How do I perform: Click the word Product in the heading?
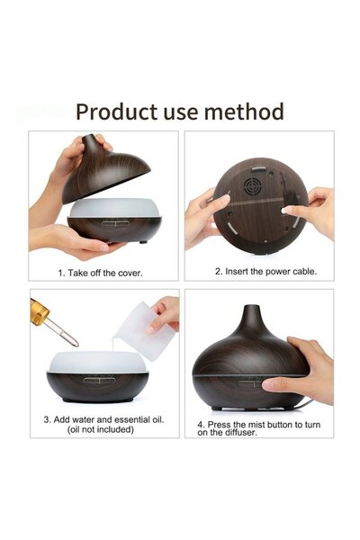pyautogui.click(x=116, y=112)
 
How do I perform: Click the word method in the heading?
pyautogui.click(x=244, y=112)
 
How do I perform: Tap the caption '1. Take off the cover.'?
pyautogui.click(x=100, y=273)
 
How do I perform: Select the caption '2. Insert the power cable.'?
pyautogui.click(x=265, y=272)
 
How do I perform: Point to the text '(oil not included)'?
pyautogui.click(x=100, y=429)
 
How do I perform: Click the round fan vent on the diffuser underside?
pyautogui.click(x=252, y=186)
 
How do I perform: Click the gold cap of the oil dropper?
pyautogui.click(x=39, y=312)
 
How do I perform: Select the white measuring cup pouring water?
pyautogui.click(x=145, y=331)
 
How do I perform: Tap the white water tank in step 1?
pyautogui.click(x=114, y=207)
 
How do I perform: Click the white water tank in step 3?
pyautogui.click(x=98, y=362)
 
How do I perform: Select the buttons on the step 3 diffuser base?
pyautogui.click(x=99, y=380)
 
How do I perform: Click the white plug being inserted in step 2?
pyautogui.click(x=284, y=211)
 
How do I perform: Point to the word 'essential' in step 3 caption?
pyautogui.click(x=132, y=419)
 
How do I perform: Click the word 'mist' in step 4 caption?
pyautogui.click(x=257, y=425)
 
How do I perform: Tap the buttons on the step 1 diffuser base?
pyautogui.click(x=115, y=223)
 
